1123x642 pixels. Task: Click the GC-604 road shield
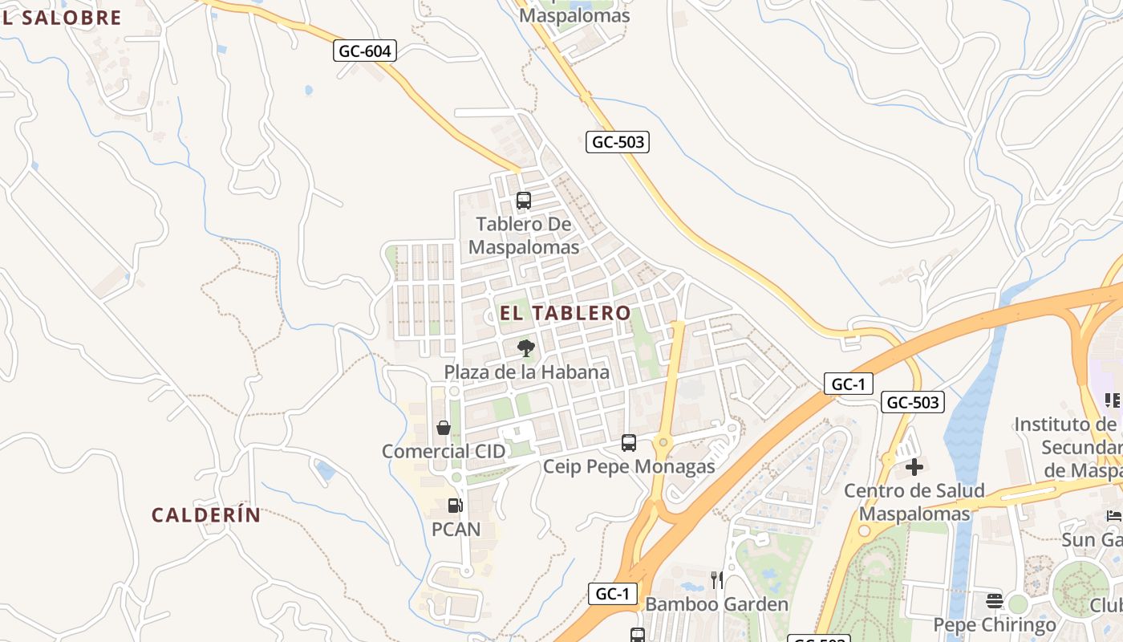pyautogui.click(x=365, y=51)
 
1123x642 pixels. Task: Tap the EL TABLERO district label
pyautogui.click(x=566, y=313)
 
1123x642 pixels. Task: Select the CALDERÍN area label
pyautogui.click(x=206, y=515)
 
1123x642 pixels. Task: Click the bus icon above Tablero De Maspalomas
pyautogui.click(x=524, y=201)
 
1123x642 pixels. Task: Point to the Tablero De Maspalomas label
pyautogui.click(x=524, y=235)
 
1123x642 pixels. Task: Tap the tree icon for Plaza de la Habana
pyautogui.click(x=526, y=348)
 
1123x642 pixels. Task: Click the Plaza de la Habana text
pyautogui.click(x=526, y=372)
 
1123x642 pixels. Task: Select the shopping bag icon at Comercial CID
pyautogui.click(x=444, y=428)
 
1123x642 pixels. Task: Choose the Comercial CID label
pyautogui.click(x=444, y=451)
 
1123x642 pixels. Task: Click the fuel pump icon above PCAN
pyautogui.click(x=455, y=506)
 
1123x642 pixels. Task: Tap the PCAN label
pyautogui.click(x=456, y=530)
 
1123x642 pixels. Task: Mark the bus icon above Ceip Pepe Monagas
pyautogui.click(x=629, y=443)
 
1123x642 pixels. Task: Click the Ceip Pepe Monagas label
pyautogui.click(x=629, y=466)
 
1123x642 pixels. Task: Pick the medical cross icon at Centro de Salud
pyautogui.click(x=914, y=467)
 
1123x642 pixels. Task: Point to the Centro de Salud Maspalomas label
pyautogui.click(x=914, y=502)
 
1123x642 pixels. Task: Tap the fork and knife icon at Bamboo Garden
pyautogui.click(x=717, y=580)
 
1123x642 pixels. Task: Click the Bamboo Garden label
pyautogui.click(x=717, y=604)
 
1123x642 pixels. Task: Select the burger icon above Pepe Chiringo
pyautogui.click(x=995, y=601)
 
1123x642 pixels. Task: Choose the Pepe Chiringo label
pyautogui.click(x=995, y=625)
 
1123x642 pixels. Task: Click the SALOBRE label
pyautogui.click(x=71, y=18)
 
